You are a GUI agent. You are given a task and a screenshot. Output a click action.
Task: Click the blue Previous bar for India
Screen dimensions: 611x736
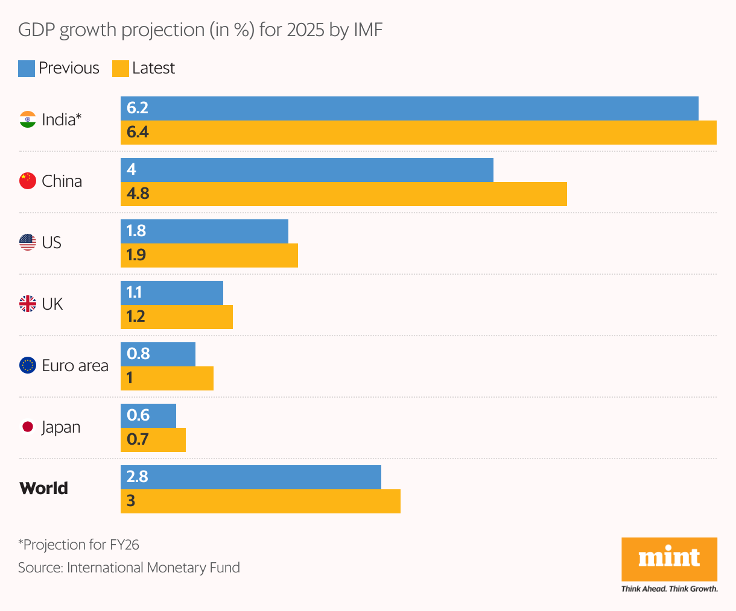pos(410,108)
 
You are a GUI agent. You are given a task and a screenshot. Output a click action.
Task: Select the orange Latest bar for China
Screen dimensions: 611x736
pos(344,194)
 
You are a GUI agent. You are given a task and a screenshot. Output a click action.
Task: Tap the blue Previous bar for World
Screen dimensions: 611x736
pos(251,477)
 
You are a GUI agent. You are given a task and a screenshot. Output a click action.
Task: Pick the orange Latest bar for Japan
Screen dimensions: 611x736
pos(153,440)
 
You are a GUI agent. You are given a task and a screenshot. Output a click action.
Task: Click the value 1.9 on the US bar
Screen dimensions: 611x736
pos(136,255)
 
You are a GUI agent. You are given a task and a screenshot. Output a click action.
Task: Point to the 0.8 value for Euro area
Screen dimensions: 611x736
pos(138,354)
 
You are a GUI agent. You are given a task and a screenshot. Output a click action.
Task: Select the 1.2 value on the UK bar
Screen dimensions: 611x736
pos(136,317)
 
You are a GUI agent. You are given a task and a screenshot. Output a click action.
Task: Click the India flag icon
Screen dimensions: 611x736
pos(28,119)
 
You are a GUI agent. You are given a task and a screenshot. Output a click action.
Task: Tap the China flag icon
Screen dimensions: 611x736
pos(28,181)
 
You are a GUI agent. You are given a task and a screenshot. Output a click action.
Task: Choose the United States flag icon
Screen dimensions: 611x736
pos(28,242)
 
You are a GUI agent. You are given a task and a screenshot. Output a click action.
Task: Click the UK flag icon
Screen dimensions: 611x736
pos(28,304)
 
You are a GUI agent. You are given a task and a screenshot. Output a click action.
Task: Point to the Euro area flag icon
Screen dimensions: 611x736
pos(28,365)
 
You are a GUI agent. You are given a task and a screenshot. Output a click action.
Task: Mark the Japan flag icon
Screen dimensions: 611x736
pos(28,427)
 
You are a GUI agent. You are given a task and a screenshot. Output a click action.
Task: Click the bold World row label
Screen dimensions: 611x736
pos(43,488)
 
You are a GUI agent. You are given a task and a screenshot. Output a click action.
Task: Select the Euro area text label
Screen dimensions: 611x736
pos(75,366)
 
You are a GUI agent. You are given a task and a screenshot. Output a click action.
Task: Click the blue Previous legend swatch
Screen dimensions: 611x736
pos(27,69)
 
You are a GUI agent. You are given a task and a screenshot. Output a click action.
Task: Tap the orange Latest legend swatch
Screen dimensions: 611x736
pos(121,69)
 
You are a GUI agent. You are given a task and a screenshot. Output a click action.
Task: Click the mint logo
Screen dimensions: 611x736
pos(669,559)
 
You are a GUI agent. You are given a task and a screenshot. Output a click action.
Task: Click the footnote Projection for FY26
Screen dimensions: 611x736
pos(78,545)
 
